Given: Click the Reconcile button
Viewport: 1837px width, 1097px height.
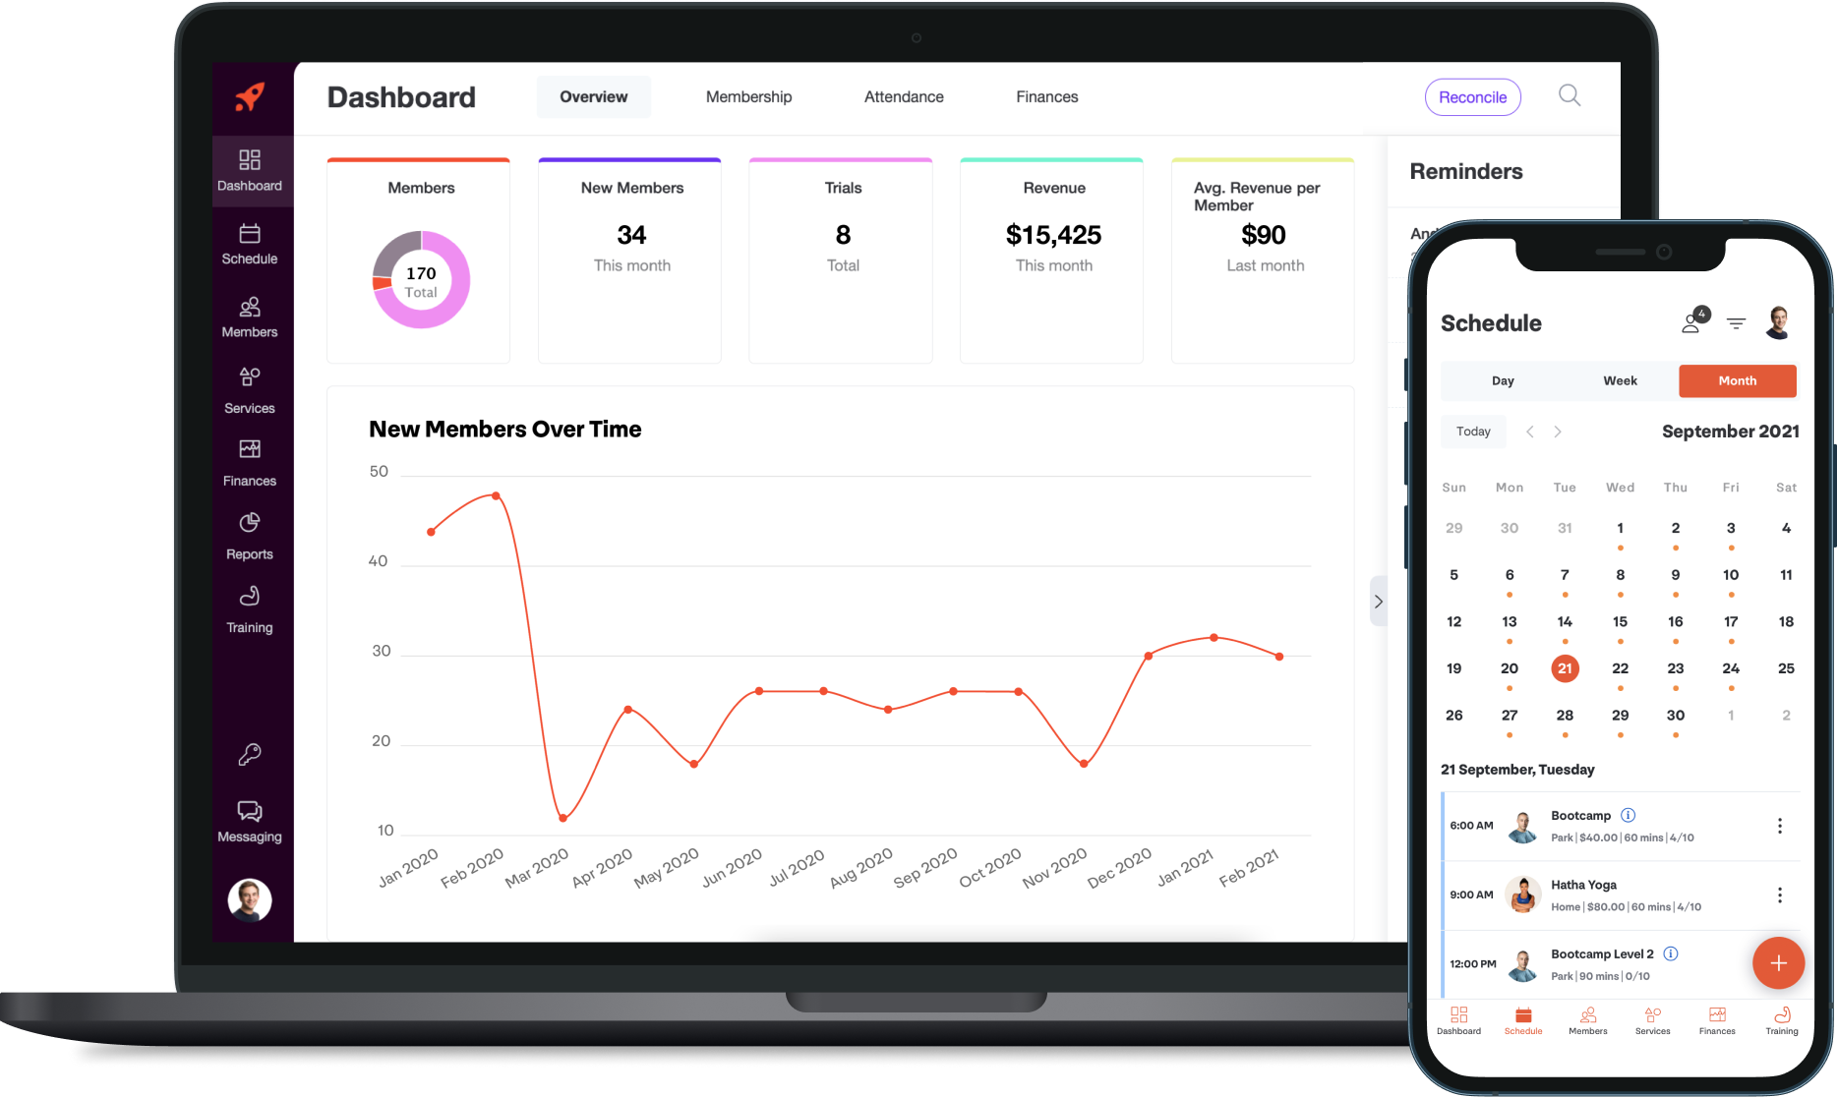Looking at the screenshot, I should click(1472, 97).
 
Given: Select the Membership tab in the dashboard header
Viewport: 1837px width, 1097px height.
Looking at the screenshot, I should click(748, 97).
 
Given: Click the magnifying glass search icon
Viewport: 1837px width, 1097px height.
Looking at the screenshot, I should click(1570, 95).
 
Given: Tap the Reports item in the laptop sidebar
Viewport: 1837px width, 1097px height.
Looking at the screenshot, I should click(250, 536).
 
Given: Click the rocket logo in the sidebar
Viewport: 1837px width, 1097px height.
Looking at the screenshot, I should click(250, 97).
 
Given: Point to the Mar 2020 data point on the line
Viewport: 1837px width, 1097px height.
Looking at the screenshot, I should click(563, 818).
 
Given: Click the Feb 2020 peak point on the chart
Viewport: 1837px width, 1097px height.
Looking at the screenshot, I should click(496, 495).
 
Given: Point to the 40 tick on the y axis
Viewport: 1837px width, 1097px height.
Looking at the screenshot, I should click(378, 561).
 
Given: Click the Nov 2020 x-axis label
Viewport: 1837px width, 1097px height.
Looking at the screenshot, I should click(1054, 868).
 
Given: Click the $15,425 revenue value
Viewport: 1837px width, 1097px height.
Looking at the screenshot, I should click(1053, 235).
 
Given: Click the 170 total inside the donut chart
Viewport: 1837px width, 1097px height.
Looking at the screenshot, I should click(421, 274).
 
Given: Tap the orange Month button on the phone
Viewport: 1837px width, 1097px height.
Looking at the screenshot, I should click(1737, 381).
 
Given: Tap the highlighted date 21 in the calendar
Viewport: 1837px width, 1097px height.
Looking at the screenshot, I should click(1565, 668).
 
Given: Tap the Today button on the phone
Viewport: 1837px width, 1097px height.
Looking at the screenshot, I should click(1473, 432).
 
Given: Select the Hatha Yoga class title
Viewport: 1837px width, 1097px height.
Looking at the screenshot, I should click(1583, 885).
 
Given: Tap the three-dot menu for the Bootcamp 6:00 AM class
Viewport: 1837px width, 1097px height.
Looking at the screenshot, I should click(1779, 826).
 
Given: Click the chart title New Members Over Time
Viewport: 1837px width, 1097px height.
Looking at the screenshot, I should click(504, 430).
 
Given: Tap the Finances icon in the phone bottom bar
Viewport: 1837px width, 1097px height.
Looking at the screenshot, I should click(1717, 1019).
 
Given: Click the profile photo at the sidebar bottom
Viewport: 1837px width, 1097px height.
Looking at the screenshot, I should click(250, 899).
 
